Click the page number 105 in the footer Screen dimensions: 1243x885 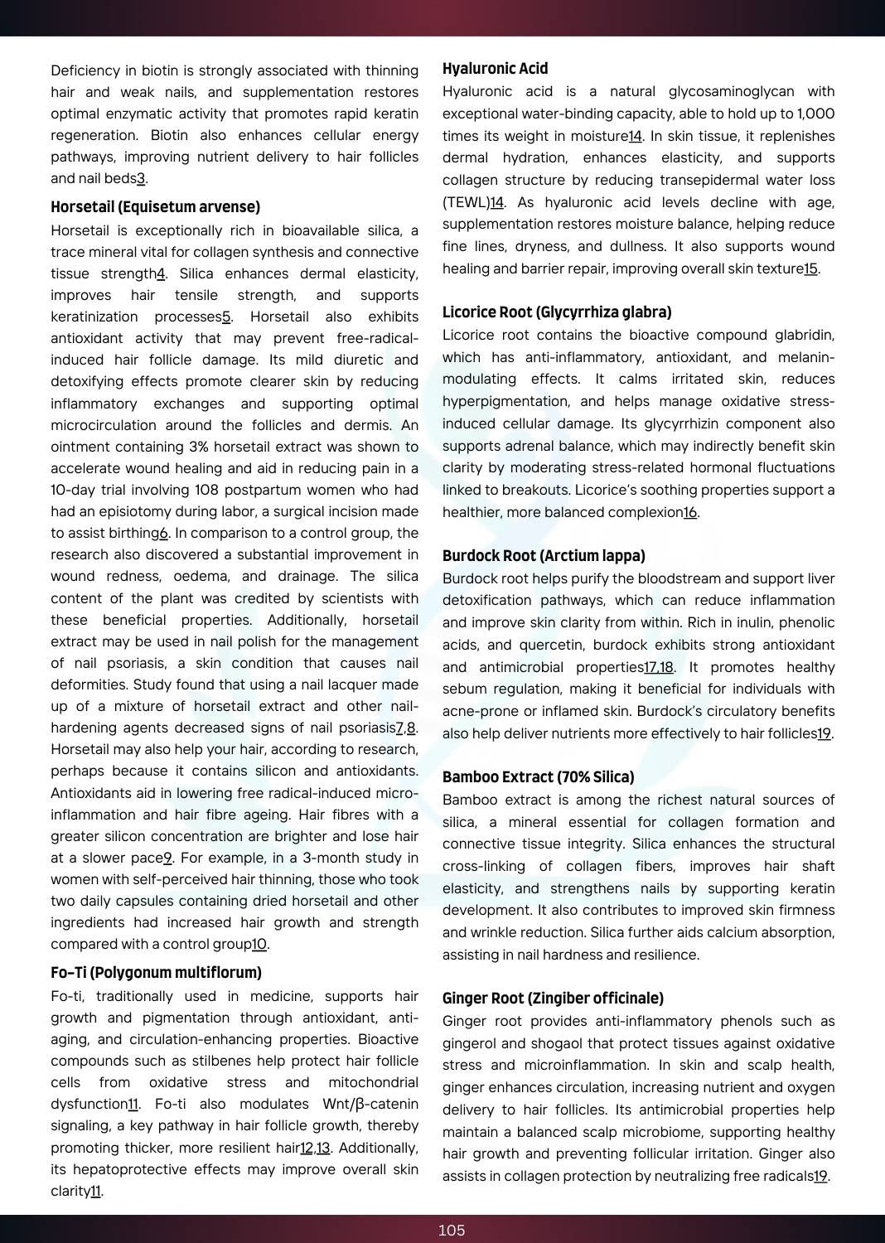[452, 1231]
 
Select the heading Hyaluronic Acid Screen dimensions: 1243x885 [495, 69]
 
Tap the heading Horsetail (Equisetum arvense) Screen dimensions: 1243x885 [155, 207]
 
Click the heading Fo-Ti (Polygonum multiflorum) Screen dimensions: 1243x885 [156, 973]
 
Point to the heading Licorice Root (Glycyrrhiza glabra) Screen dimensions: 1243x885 [557, 312]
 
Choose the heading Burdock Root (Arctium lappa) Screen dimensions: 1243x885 [544, 556]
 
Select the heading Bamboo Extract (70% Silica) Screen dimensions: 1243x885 [538, 777]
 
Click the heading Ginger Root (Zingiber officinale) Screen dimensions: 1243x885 [553, 999]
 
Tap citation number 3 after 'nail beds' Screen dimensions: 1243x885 [141, 179]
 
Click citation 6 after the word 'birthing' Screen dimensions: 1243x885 [163, 534]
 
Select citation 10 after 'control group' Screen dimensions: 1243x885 [259, 945]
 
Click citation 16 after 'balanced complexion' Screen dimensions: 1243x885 [690, 512]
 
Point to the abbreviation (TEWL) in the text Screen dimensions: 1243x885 [466, 202]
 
